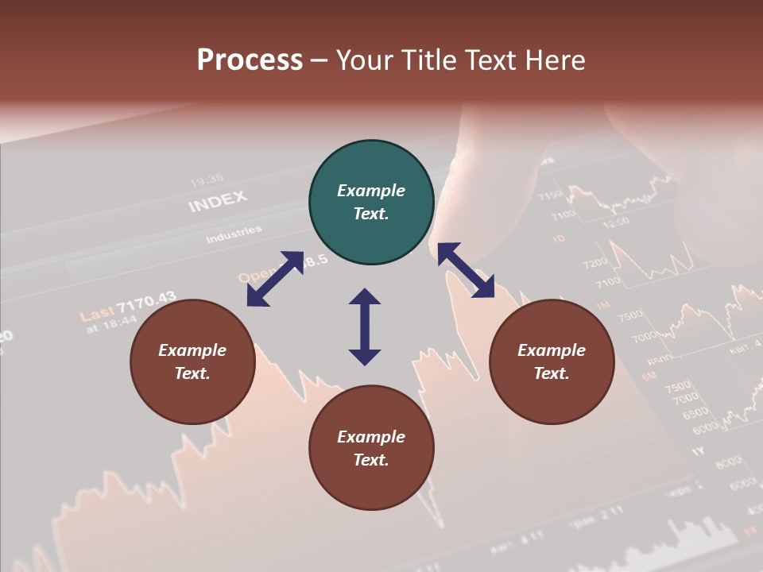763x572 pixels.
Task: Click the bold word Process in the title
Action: click(x=250, y=60)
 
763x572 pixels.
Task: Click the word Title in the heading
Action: click(x=429, y=60)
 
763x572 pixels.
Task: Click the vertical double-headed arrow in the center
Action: click(x=365, y=327)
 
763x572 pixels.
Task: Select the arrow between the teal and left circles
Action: click(x=275, y=279)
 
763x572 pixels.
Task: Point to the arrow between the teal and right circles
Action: click(x=467, y=270)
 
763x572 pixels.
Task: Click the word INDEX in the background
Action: click(x=217, y=201)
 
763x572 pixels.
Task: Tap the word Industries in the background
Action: click(x=234, y=234)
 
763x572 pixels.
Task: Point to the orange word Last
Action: click(x=96, y=314)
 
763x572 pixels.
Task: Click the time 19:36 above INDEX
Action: click(x=207, y=180)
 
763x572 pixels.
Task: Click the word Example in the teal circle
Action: click(x=371, y=191)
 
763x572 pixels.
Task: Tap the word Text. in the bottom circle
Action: click(x=371, y=460)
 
